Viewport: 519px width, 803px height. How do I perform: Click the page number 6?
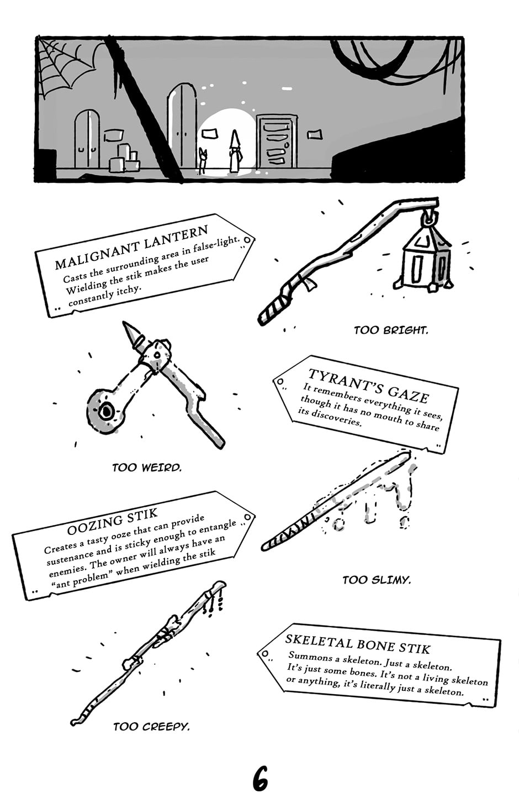pyautogui.click(x=260, y=779)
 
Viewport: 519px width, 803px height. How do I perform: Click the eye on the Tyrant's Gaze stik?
pyautogui.click(x=105, y=411)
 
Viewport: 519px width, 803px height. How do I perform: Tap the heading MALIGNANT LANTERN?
pyautogui.click(x=131, y=246)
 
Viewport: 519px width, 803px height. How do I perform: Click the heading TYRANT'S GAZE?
pyautogui.click(x=368, y=385)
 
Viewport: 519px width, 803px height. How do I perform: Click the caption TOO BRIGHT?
pyautogui.click(x=390, y=330)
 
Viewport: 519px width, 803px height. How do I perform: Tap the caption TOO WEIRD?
pyautogui.click(x=146, y=468)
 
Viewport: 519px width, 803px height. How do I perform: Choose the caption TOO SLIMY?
pyautogui.click(x=377, y=580)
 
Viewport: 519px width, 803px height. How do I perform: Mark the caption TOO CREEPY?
pyautogui.click(x=151, y=727)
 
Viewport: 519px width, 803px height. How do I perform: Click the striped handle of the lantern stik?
pyautogui.click(x=276, y=307)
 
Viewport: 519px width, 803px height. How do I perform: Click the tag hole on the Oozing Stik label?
pyautogui.click(x=248, y=518)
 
